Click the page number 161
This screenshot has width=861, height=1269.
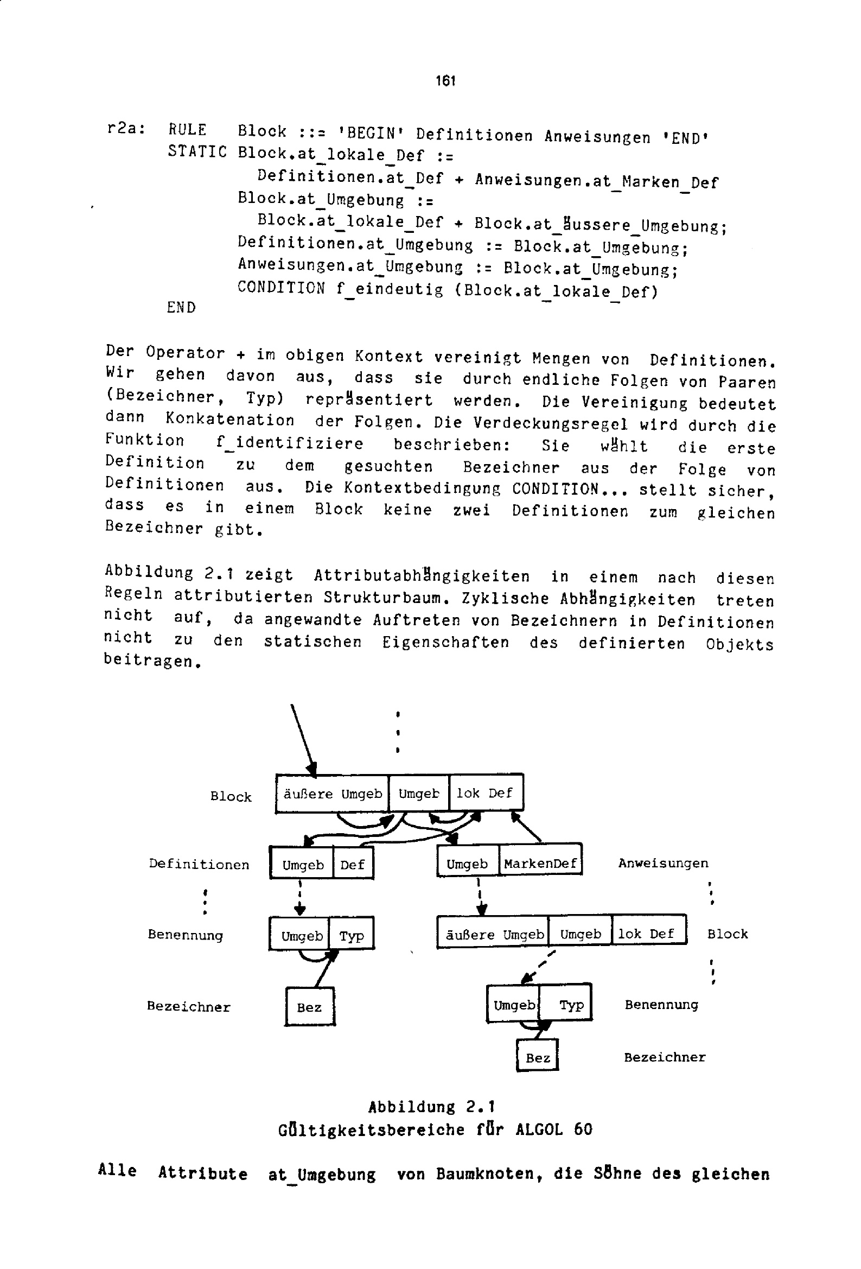(x=445, y=81)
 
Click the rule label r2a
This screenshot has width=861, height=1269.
(x=125, y=129)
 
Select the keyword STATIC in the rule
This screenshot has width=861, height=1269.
(x=197, y=151)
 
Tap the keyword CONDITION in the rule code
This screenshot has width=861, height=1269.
(x=280, y=287)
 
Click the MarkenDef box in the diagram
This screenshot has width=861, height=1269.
(x=540, y=864)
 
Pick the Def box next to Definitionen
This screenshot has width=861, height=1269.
(x=353, y=865)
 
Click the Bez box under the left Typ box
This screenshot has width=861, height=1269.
(x=310, y=1007)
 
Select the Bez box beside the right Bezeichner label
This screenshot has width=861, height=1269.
(x=538, y=1058)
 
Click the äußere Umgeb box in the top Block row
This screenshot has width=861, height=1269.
(x=332, y=794)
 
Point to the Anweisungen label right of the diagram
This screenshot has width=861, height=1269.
(x=663, y=864)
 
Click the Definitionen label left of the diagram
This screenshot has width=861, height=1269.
(x=199, y=865)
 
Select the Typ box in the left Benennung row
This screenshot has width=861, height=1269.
(x=352, y=936)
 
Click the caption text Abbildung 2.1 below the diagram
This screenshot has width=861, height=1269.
(x=431, y=1107)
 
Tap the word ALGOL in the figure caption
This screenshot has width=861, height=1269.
(x=538, y=1128)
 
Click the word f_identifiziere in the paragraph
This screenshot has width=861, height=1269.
(x=289, y=443)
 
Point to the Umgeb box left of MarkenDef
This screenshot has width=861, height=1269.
(x=467, y=864)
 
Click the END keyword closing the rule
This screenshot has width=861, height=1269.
(x=181, y=308)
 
